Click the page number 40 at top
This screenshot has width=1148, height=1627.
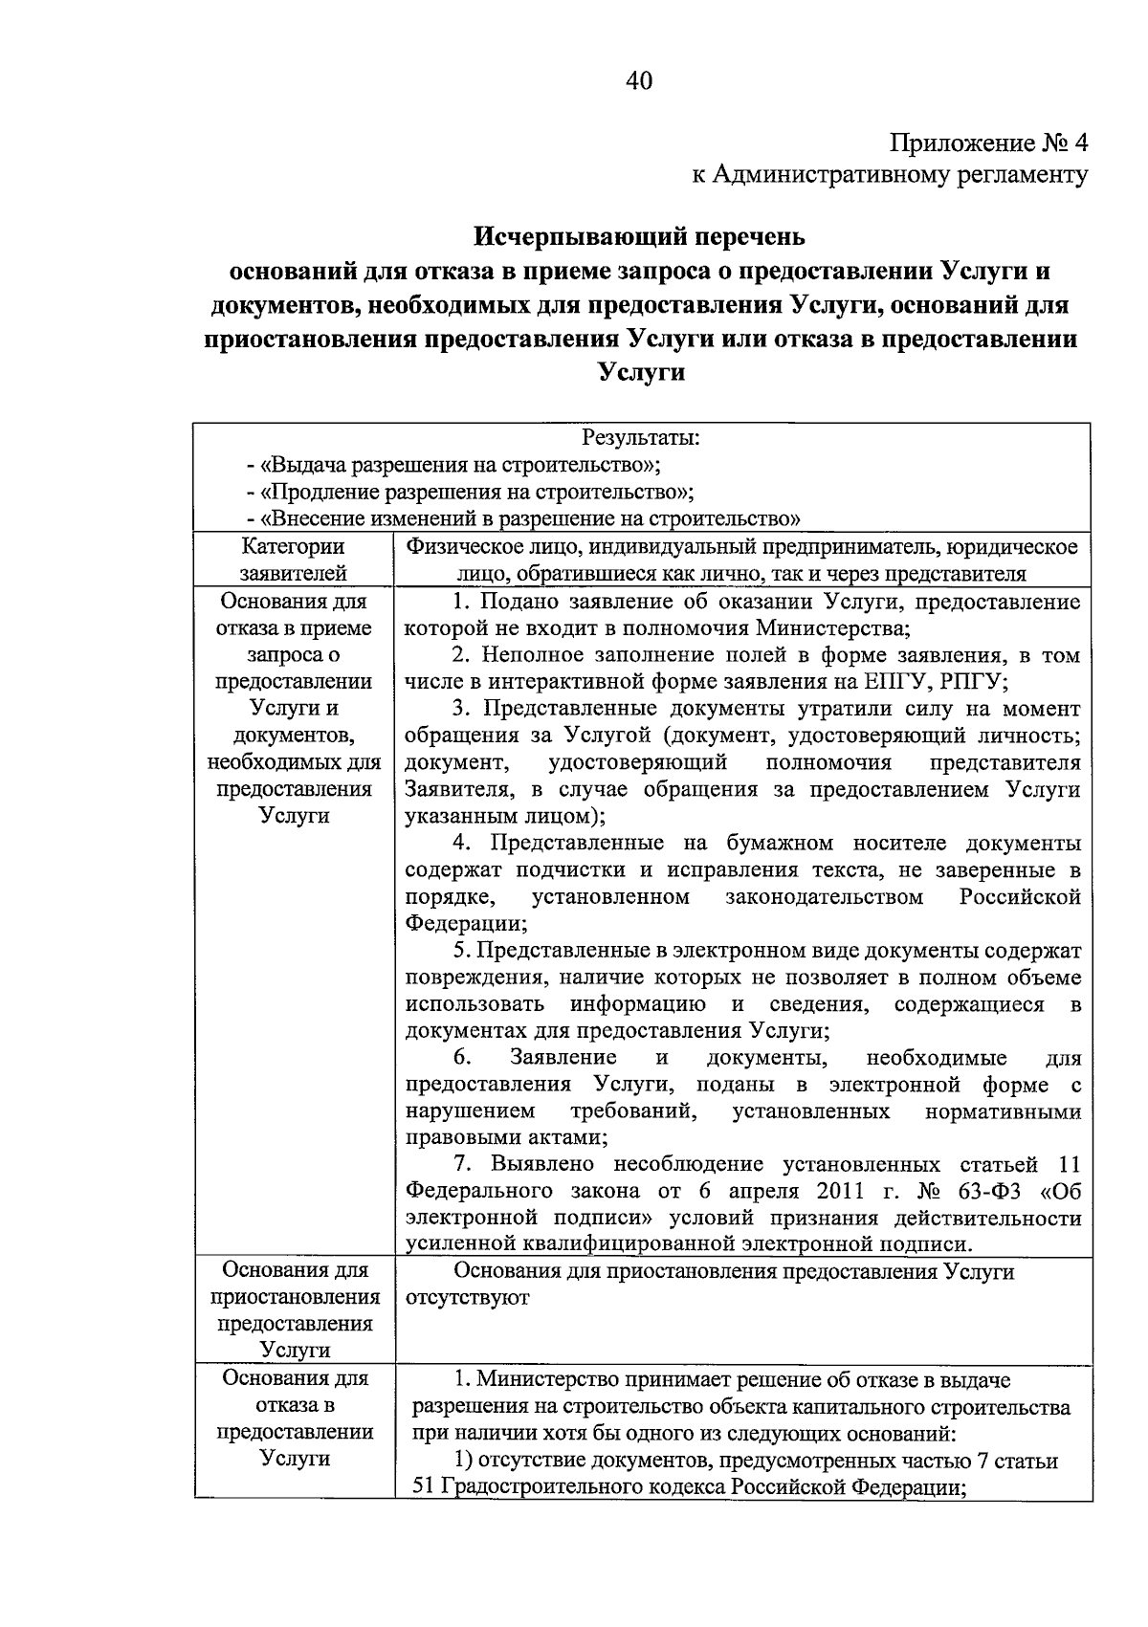click(x=639, y=81)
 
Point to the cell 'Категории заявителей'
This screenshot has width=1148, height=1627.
click(x=293, y=560)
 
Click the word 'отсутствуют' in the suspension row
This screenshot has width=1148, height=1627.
click(x=467, y=1298)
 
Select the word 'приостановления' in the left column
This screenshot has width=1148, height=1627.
click(x=295, y=1297)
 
